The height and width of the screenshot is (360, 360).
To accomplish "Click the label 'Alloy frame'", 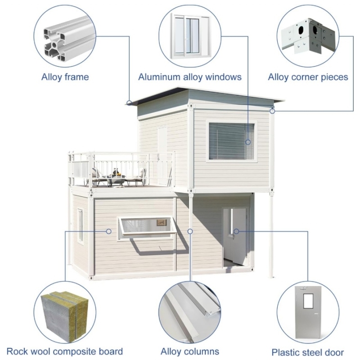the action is coord(65,77).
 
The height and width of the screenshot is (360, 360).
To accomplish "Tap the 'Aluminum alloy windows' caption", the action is coord(189,77).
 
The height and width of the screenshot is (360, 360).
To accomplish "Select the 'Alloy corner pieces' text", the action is coord(308,77).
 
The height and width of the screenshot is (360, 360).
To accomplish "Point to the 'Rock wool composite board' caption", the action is coord(65,351).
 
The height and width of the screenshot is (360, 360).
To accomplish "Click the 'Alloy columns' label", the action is coord(190,351).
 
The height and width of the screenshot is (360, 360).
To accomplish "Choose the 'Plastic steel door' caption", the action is coord(308,352).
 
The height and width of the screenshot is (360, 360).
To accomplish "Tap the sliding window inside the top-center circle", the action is coord(190,36).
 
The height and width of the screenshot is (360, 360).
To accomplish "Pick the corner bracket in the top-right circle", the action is coord(310,36).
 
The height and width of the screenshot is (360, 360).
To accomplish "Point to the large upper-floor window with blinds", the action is coord(231,141).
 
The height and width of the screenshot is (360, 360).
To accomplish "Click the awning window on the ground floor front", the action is coord(148,227).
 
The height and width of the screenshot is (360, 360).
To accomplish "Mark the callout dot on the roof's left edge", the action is coord(129,103).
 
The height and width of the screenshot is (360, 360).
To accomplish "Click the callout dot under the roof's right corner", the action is coord(272,111).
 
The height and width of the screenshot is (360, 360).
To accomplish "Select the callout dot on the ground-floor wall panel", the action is coord(109,231).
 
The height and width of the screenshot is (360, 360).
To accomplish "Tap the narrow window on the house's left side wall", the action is coord(81,226).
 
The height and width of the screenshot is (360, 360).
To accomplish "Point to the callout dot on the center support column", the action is coord(190,231).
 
